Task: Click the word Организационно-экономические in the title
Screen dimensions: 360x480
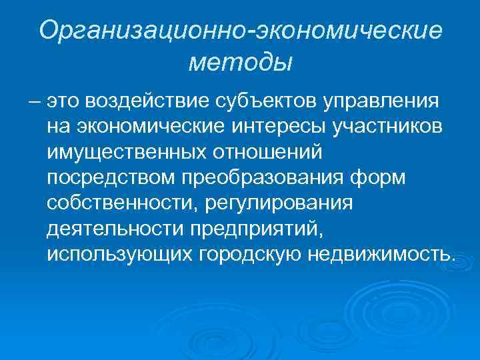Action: [240, 31]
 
